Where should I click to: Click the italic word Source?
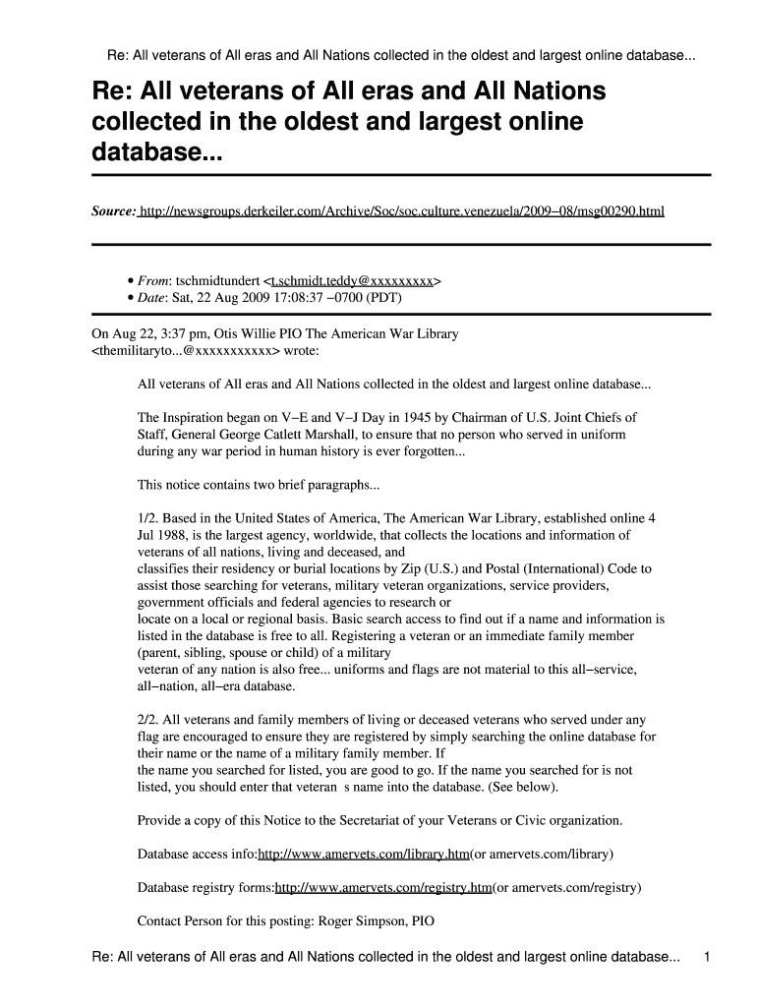(113, 211)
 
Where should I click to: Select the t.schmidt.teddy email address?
(351, 280)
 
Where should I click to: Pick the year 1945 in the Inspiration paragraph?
(415, 417)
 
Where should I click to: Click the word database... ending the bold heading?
(157, 153)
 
